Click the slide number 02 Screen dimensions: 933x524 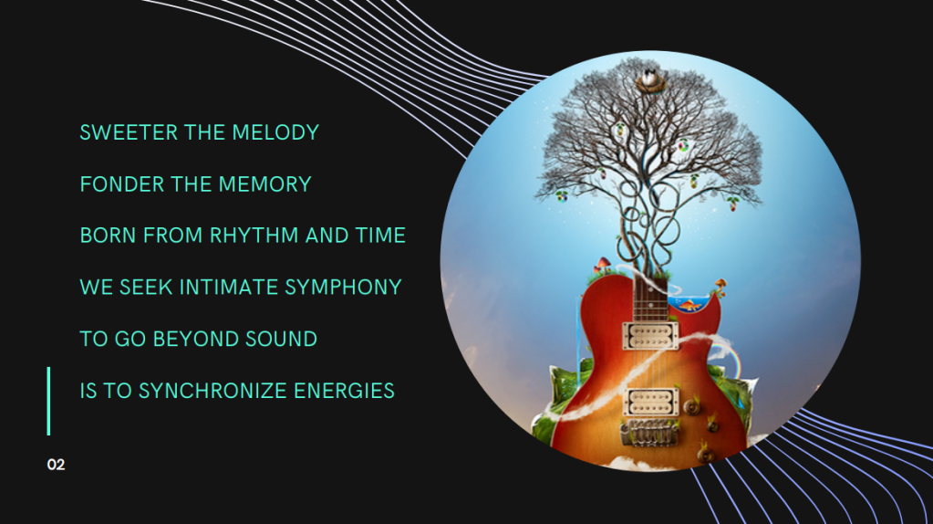56,465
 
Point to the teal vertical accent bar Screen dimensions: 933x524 48,401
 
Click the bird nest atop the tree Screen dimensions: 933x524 651,80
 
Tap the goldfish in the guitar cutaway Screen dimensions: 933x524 690,306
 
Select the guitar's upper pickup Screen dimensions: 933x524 650,335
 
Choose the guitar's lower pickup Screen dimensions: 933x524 650,403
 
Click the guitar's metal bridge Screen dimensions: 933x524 649,433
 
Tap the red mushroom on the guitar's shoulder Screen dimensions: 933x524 604,263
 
